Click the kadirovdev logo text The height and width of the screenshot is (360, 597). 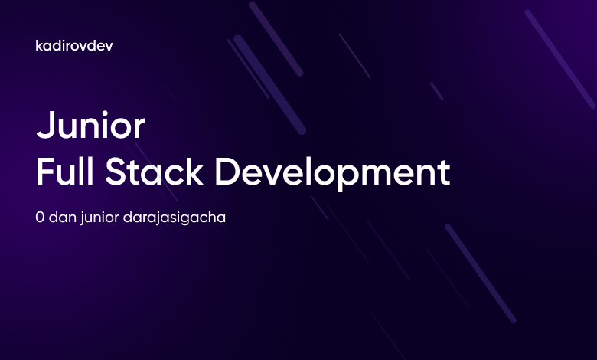click(75, 46)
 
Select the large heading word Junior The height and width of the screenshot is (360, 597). click(90, 126)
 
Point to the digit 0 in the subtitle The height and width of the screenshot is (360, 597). click(41, 217)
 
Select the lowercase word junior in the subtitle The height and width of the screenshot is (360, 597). click(106, 218)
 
